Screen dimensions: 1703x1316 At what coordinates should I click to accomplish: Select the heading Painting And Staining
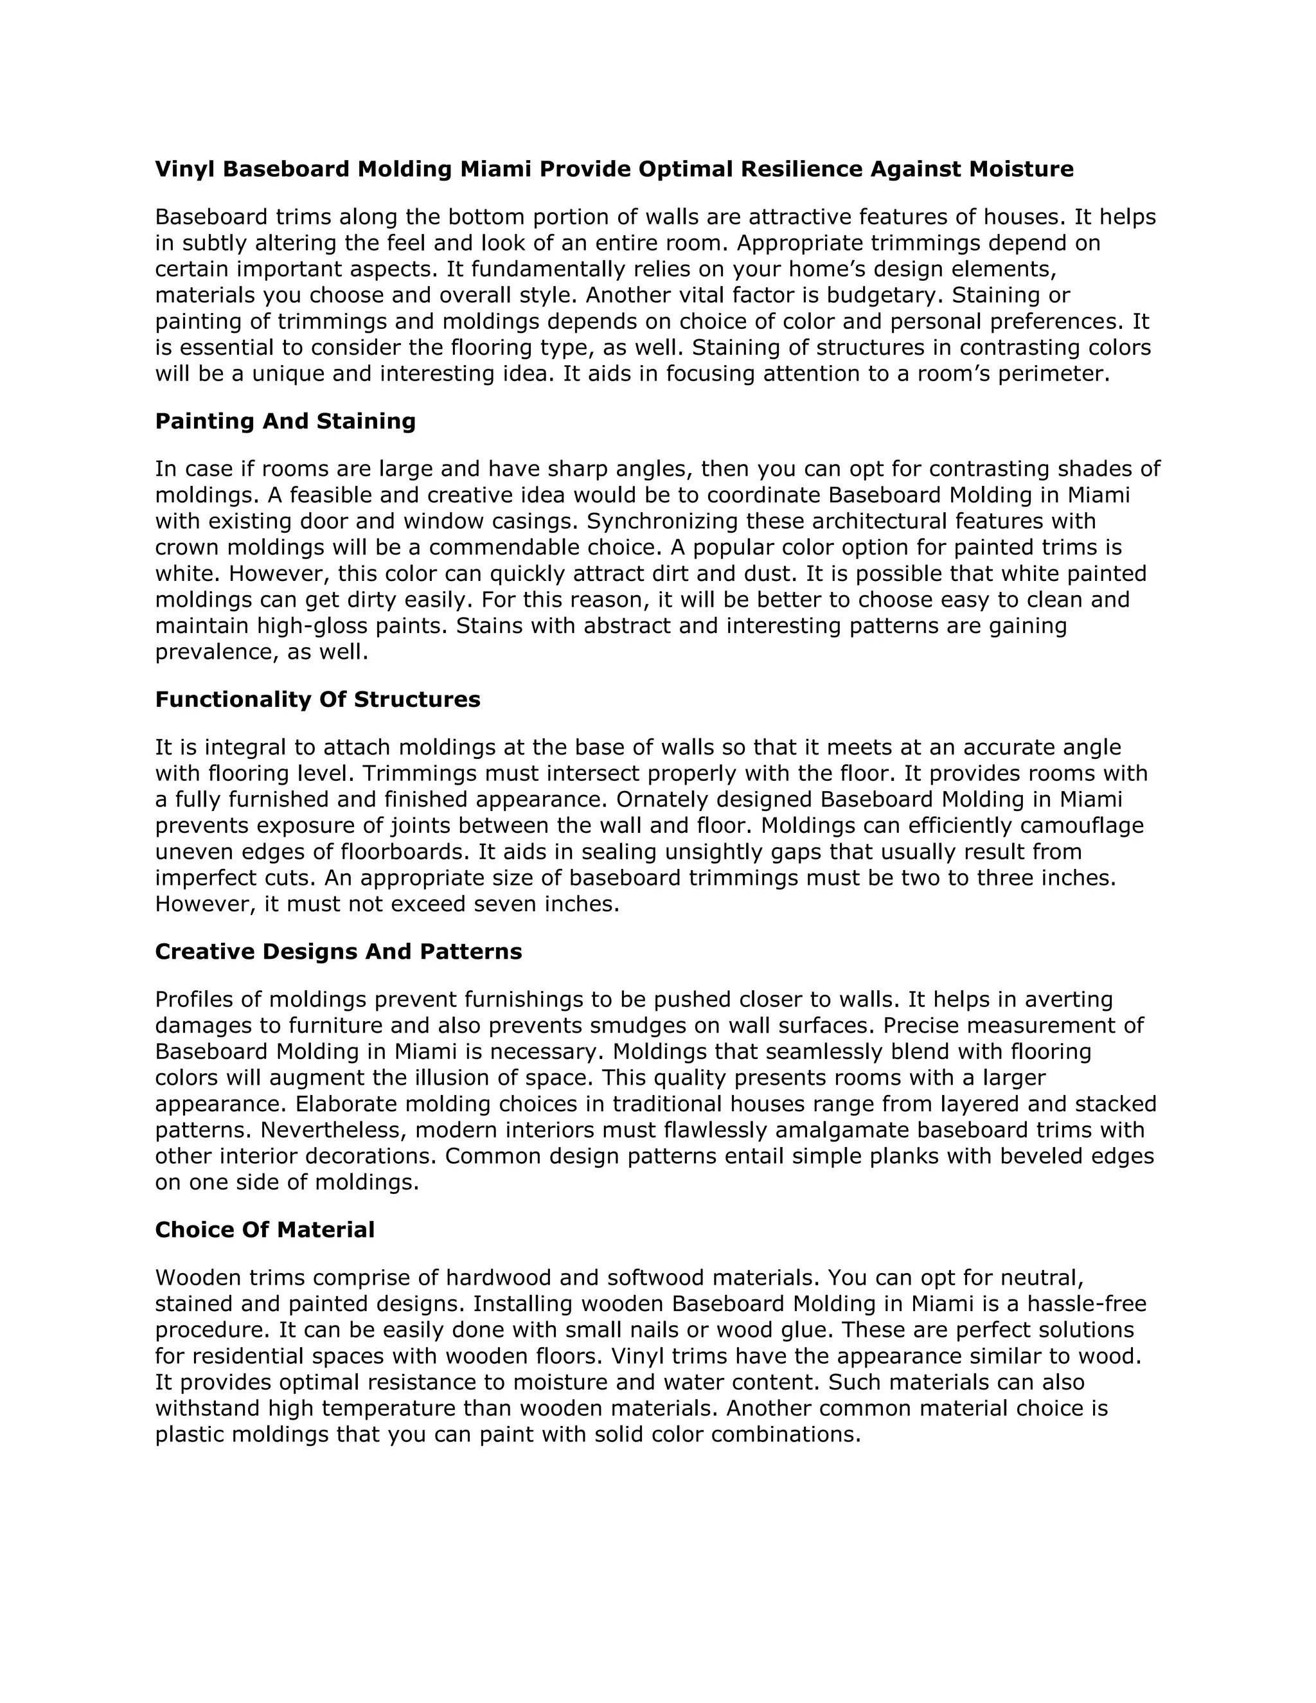pyautogui.click(x=285, y=421)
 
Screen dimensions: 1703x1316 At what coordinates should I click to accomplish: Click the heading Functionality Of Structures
pyautogui.click(x=317, y=699)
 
